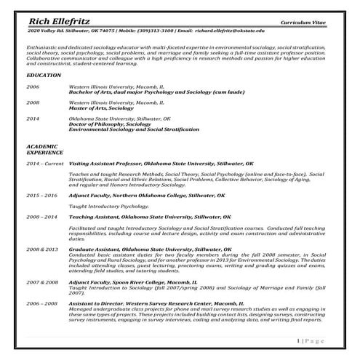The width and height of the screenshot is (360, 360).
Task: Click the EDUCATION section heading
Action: (x=44, y=75)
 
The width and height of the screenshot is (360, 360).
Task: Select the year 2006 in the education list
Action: (x=33, y=86)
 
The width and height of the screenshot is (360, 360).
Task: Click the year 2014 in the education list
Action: (x=33, y=118)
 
